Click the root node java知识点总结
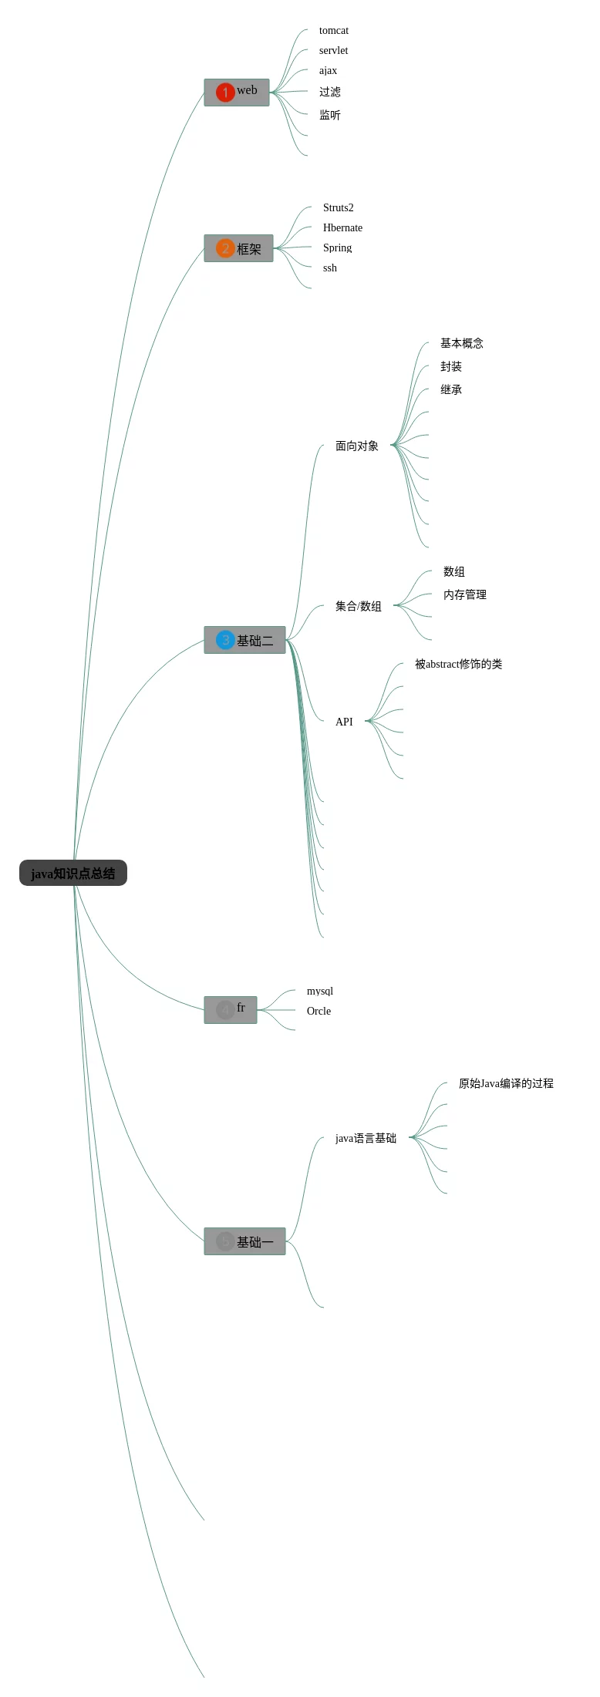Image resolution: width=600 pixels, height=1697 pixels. click(x=73, y=873)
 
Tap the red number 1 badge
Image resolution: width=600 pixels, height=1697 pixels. click(x=224, y=93)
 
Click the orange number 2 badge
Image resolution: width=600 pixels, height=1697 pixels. click(x=224, y=248)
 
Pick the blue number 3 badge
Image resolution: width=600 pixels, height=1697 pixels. click(x=224, y=640)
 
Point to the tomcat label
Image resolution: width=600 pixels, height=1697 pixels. click(x=334, y=31)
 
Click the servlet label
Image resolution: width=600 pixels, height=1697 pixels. click(x=333, y=51)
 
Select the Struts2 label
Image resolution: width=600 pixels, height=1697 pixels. click(x=338, y=208)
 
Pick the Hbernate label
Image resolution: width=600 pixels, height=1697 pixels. click(x=342, y=228)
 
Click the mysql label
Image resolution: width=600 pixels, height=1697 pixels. click(x=320, y=992)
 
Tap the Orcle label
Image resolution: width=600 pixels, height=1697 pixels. click(x=319, y=1012)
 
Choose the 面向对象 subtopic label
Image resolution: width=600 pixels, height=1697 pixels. click(x=356, y=446)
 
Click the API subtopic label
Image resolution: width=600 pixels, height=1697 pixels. click(x=344, y=722)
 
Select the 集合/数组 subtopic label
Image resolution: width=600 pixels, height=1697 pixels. click(x=358, y=606)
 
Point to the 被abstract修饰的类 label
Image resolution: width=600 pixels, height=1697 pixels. click(x=458, y=664)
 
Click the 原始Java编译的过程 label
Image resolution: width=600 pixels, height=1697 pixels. click(x=506, y=1083)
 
